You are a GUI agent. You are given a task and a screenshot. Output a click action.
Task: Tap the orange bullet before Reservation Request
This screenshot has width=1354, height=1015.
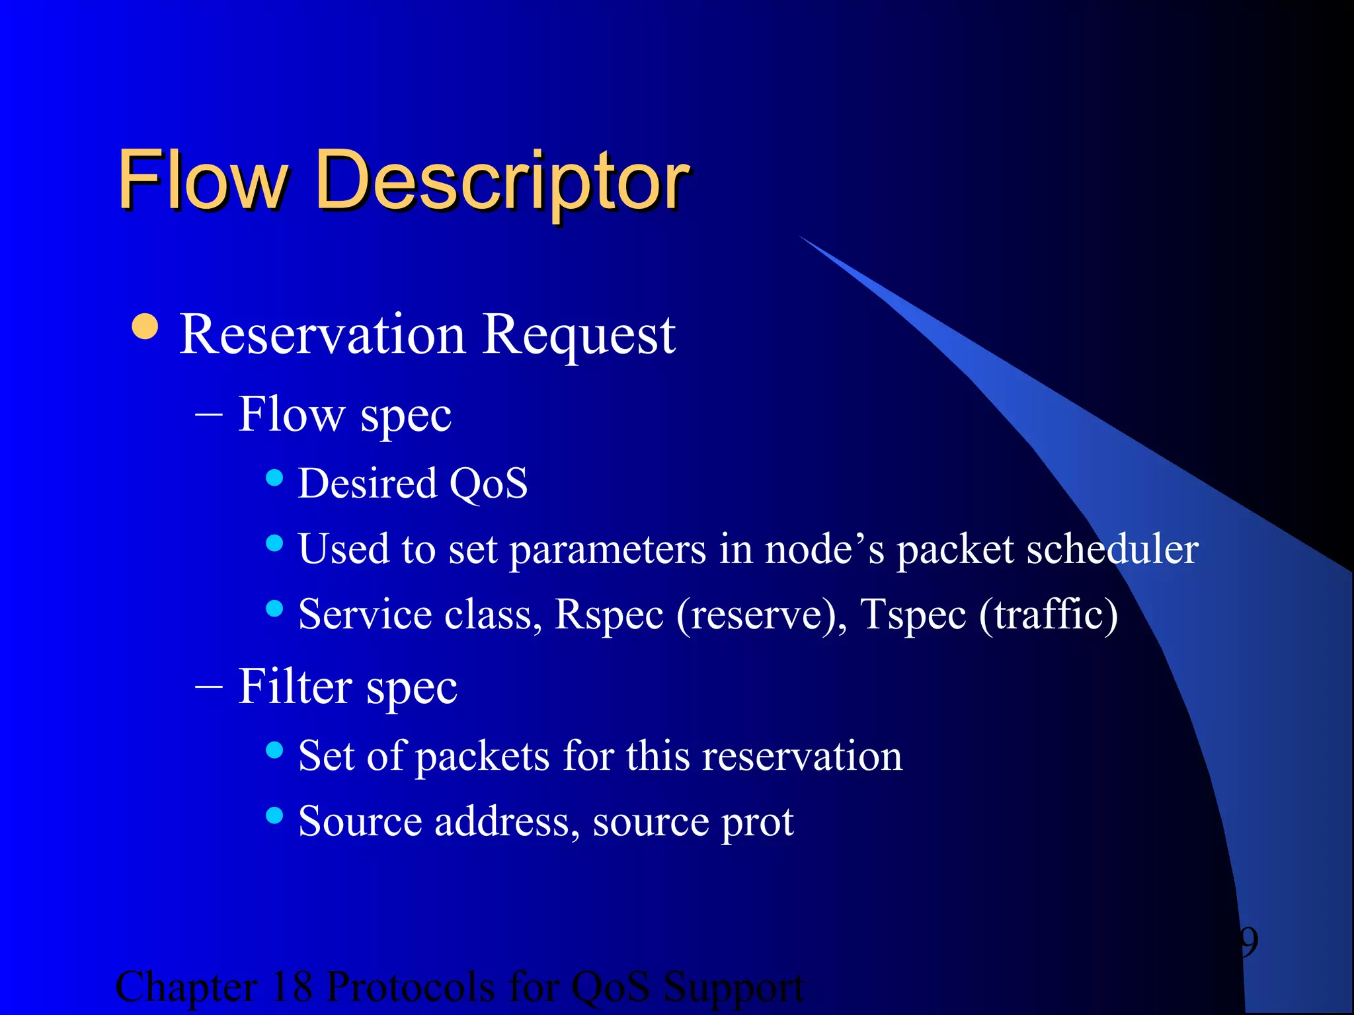point(145,326)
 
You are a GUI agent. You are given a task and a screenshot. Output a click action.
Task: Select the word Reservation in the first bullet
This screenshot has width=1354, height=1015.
point(323,335)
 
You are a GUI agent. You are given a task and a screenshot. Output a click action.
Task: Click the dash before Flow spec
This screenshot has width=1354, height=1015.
point(209,418)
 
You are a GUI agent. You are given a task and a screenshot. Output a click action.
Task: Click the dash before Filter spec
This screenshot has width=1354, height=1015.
point(209,688)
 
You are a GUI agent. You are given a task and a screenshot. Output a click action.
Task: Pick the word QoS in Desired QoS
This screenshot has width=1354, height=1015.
point(489,483)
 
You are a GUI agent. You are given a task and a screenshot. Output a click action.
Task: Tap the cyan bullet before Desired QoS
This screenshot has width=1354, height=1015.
point(274,477)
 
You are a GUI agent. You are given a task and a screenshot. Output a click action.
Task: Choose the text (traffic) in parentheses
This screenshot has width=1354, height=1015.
point(1049,615)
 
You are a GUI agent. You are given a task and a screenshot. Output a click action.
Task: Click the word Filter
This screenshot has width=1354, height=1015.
point(295,687)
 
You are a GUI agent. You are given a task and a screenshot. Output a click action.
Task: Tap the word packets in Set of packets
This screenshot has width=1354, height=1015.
point(483,756)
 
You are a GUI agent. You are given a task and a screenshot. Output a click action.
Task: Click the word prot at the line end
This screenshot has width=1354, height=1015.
point(757,823)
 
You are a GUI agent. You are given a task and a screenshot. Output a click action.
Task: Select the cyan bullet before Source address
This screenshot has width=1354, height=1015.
point(274,815)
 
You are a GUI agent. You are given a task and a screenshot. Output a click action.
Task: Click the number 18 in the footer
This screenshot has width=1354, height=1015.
point(292,987)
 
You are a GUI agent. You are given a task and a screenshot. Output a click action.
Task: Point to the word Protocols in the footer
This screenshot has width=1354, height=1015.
point(411,987)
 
